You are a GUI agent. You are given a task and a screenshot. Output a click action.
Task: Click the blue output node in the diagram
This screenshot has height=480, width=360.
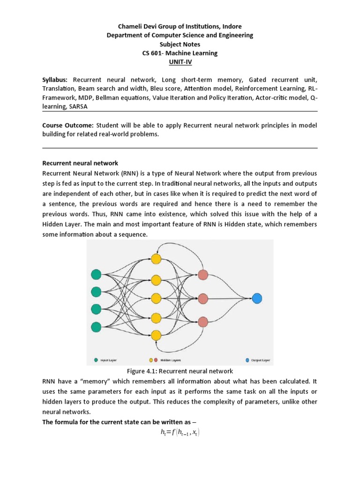pyautogui.click(x=257, y=298)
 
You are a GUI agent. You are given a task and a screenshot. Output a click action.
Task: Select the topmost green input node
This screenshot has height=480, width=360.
pyautogui.click(x=96, y=275)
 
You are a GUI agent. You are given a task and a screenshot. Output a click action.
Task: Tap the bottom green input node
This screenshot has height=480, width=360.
pyautogui.click(x=96, y=326)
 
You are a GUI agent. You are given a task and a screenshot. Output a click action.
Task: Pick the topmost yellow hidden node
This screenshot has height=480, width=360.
pyautogui.click(x=156, y=259)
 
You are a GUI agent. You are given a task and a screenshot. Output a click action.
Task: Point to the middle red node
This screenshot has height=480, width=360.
pyautogui.click(x=203, y=298)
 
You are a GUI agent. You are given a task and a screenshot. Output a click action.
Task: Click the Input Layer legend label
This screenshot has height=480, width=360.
pyautogui.click(x=109, y=360)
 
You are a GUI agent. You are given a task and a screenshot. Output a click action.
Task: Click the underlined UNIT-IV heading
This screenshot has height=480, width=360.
pyautogui.click(x=180, y=62)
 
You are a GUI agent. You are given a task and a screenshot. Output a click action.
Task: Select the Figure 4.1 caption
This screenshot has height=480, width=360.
pyautogui.click(x=180, y=371)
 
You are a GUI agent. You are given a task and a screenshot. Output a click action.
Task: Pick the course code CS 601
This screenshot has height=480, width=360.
pyautogui.click(x=153, y=53)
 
